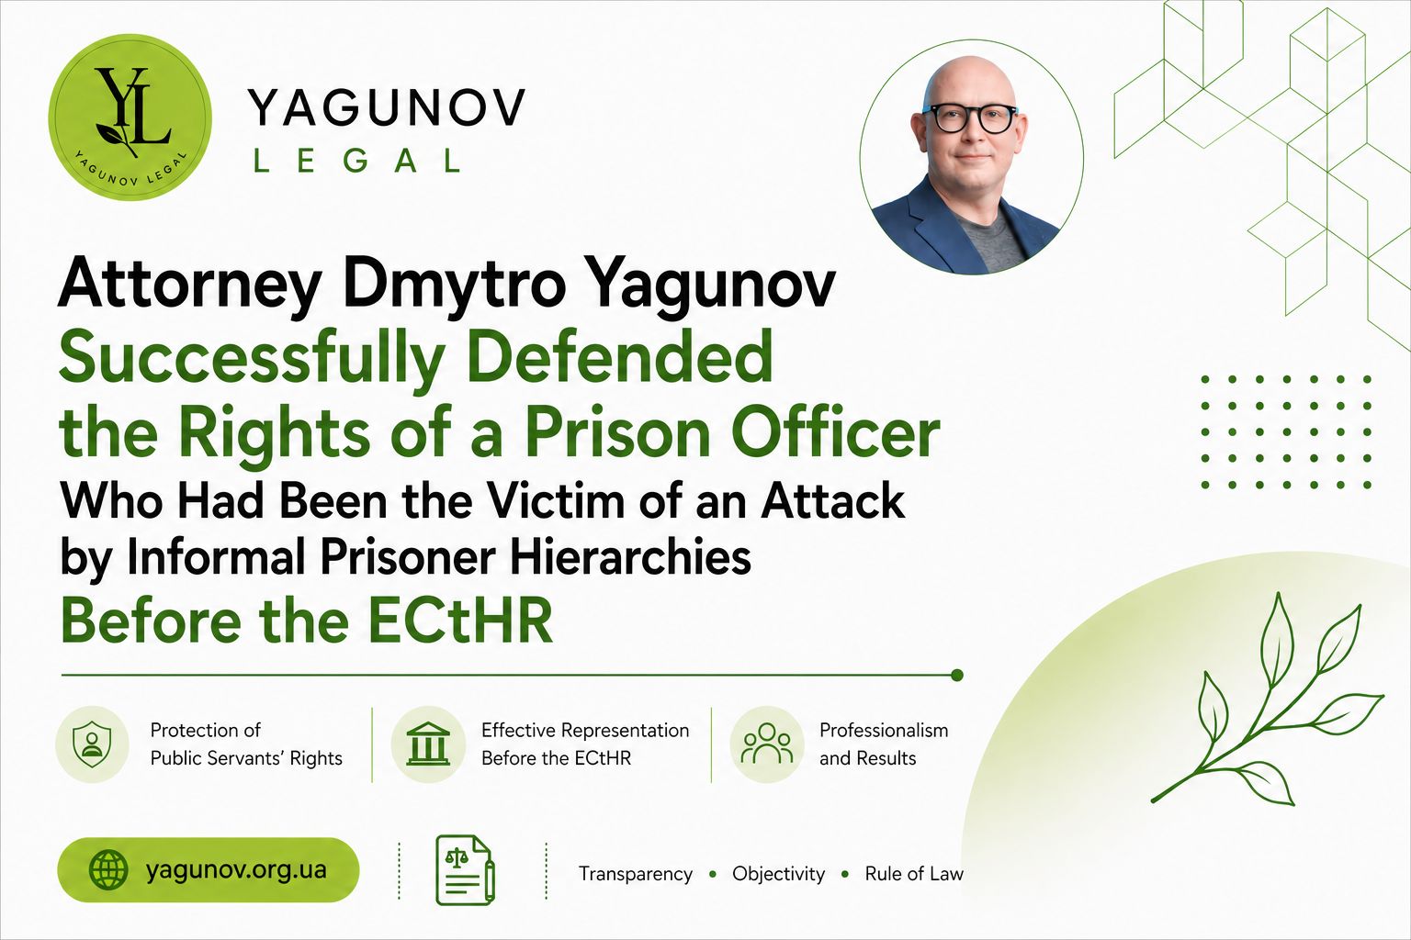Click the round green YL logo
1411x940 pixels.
(130, 117)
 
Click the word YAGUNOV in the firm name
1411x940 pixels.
(386, 107)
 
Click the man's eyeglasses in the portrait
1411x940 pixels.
(971, 118)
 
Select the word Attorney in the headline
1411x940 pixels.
(189, 285)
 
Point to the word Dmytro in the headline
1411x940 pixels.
(455, 285)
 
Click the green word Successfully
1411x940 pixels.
(252, 360)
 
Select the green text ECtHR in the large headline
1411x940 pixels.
(460, 621)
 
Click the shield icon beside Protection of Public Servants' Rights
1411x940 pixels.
(92, 744)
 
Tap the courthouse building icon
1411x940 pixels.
(428, 744)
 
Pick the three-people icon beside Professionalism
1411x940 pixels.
(767, 744)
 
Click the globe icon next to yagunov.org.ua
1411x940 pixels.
(108, 870)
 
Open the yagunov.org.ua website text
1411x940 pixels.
(236, 870)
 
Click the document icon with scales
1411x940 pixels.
(465, 870)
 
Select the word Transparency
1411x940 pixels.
(636, 874)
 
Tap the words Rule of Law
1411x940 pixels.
(914, 873)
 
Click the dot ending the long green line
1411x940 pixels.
(957, 676)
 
